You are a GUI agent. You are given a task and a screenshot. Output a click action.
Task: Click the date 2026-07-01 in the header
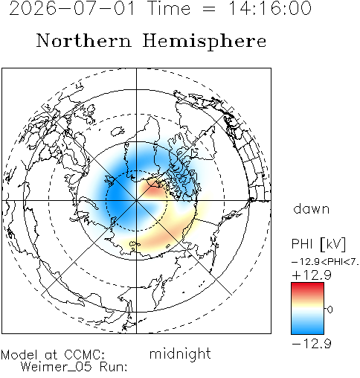(x=72, y=8)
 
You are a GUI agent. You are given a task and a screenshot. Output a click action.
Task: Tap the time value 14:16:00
(x=269, y=8)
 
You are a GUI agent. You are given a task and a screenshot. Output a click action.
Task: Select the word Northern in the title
(x=84, y=40)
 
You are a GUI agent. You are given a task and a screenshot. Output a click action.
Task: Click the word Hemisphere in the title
(x=205, y=42)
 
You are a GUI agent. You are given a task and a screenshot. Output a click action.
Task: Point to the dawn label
(x=311, y=208)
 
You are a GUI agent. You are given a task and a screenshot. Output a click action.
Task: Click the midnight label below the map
(x=180, y=353)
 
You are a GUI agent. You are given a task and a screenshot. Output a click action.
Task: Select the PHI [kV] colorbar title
(x=318, y=244)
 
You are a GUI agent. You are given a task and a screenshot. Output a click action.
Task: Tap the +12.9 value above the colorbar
(x=312, y=275)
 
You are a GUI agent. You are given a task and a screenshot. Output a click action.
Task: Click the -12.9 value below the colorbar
(x=312, y=344)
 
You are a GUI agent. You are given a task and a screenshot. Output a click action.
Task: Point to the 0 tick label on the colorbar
(x=330, y=310)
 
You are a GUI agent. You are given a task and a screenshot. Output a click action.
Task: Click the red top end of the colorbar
(x=307, y=285)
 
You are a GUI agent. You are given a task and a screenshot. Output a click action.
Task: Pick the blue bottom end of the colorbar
(x=307, y=331)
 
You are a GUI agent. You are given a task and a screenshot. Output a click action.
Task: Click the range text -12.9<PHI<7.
(x=325, y=262)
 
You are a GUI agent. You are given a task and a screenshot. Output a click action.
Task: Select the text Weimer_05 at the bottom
(x=57, y=366)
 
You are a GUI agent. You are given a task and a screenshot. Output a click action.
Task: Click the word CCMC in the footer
(x=84, y=355)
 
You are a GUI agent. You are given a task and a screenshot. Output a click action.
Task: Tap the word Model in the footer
(x=19, y=355)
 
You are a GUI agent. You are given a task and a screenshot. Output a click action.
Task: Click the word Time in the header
(x=169, y=8)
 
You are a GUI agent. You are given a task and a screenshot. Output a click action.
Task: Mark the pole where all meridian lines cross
(x=136, y=200)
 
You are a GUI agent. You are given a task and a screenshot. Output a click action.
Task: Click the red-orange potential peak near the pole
(x=154, y=190)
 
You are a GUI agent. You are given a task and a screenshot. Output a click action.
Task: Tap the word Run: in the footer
(x=114, y=366)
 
